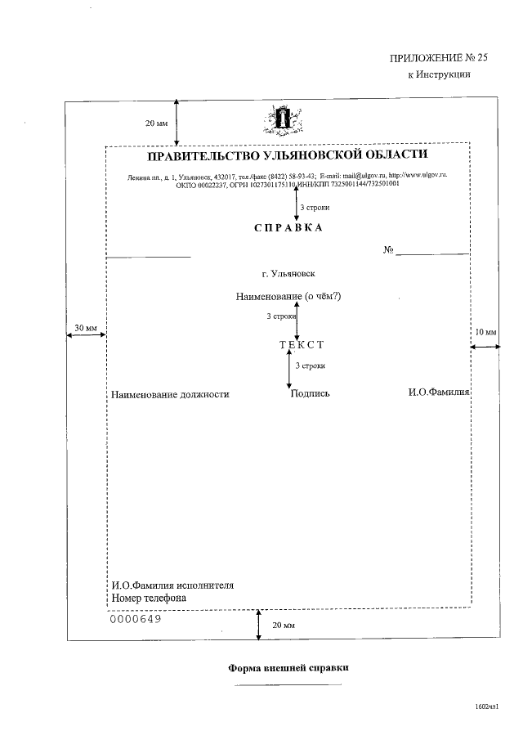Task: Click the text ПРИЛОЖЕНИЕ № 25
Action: click(x=431, y=57)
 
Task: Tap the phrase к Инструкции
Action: click(x=439, y=74)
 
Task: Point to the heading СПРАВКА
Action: click(x=288, y=227)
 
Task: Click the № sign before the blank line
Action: click(x=389, y=249)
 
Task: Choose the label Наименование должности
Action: click(x=170, y=394)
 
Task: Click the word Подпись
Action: click(x=310, y=394)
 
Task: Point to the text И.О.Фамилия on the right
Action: click(x=439, y=392)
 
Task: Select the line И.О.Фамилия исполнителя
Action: click(x=172, y=585)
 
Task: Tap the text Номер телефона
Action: click(x=149, y=598)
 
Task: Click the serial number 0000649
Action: click(x=135, y=618)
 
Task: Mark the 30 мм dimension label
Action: click(x=85, y=328)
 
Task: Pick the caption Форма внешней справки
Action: click(x=288, y=667)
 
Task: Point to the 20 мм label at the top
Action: click(x=156, y=123)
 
